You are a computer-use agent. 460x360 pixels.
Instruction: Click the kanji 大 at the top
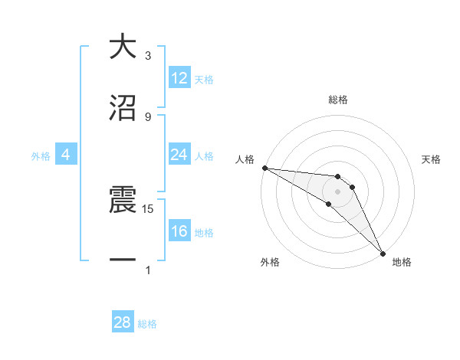pyautogui.click(x=123, y=47)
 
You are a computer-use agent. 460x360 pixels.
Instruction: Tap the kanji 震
pyautogui.click(x=123, y=201)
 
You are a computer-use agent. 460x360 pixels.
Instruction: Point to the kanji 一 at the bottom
pyautogui.click(x=123, y=260)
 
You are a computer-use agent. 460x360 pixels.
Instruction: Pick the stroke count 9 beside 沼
pyautogui.click(x=148, y=116)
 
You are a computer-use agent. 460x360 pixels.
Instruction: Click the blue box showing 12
pyautogui.click(x=179, y=78)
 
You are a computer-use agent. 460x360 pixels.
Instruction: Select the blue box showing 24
pyautogui.click(x=179, y=155)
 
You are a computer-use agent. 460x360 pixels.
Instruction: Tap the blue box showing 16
pyautogui.click(x=179, y=231)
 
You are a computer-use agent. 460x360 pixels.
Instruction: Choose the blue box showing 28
pyautogui.click(x=123, y=322)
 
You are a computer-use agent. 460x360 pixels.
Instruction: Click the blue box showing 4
pyautogui.click(x=66, y=155)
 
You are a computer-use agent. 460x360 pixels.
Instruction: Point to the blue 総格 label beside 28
pyautogui.click(x=147, y=324)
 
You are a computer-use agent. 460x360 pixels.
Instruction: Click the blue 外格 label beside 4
pyautogui.click(x=41, y=155)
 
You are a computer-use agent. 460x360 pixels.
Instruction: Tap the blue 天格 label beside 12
pyautogui.click(x=203, y=79)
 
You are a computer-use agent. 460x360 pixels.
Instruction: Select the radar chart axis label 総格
pyautogui.click(x=337, y=100)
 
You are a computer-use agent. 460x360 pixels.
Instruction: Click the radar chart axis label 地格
pyautogui.click(x=402, y=262)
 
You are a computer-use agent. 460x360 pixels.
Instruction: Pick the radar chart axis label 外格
pyautogui.click(x=270, y=262)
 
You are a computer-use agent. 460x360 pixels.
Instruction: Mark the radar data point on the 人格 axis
pyautogui.click(x=264, y=168)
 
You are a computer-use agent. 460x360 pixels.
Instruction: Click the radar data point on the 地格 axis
pyautogui.click(x=383, y=253)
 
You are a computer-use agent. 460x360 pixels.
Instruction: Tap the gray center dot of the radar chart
pyautogui.click(x=337, y=191)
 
